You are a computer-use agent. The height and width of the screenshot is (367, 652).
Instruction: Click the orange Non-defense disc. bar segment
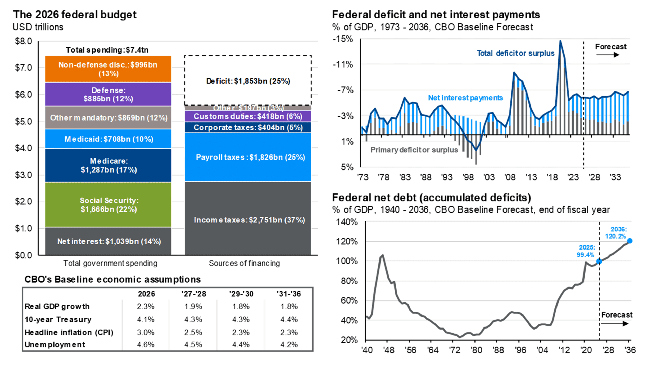point(108,69)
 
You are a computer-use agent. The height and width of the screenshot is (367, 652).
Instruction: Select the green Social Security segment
point(108,205)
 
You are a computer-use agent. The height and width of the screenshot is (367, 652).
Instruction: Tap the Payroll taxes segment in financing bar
point(248,157)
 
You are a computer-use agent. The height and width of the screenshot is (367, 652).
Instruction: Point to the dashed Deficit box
point(248,81)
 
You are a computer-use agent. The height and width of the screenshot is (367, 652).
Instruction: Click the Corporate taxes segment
point(248,127)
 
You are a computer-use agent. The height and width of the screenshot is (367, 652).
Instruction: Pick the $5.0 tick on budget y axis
point(23,121)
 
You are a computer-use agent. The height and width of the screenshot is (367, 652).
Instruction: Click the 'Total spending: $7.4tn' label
point(107,50)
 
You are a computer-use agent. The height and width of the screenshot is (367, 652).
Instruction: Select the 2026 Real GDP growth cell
point(146,306)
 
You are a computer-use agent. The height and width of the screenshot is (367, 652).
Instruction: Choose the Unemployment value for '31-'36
point(289,345)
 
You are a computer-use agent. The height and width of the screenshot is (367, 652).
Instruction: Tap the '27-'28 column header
point(194,294)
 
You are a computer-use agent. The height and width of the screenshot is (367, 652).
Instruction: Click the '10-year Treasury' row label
point(58,319)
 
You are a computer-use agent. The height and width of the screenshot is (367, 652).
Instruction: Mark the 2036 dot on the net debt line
point(630,241)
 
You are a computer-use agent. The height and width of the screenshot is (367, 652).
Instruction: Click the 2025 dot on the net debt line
point(599,261)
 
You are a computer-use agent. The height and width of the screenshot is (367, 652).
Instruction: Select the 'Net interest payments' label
point(465,98)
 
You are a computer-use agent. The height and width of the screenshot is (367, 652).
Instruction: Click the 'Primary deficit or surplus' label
point(414,150)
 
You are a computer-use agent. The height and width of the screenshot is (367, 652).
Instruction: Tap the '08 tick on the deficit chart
point(510,177)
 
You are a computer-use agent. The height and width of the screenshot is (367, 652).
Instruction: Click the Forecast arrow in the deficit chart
point(608,55)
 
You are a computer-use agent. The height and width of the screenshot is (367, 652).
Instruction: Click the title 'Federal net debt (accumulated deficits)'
point(431,198)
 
